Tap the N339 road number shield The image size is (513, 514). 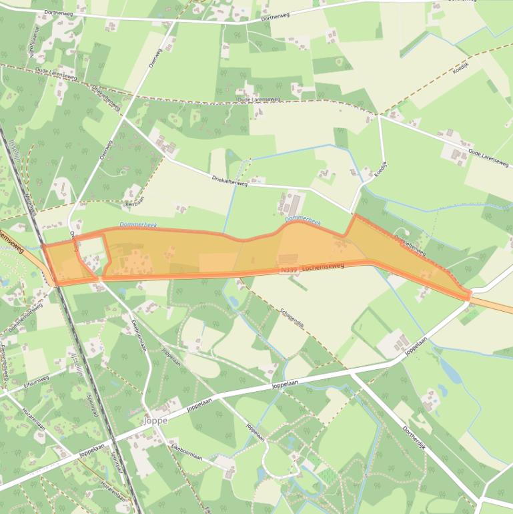[x=289, y=270]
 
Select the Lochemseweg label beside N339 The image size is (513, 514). [x=322, y=267]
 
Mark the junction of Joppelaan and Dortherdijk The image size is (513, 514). [x=352, y=374]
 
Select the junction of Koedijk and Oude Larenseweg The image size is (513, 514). [x=379, y=115]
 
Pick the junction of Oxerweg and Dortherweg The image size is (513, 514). [x=175, y=21]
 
